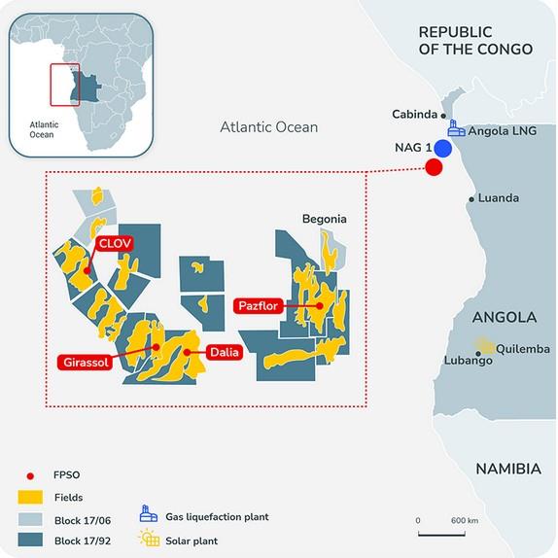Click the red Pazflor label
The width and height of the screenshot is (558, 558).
[258, 306]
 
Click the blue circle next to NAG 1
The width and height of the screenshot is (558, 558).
[443, 149]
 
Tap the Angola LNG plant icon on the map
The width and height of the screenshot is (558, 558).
[454, 128]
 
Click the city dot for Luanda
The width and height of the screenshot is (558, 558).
[471, 199]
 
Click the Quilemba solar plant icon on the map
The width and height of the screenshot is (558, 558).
[482, 346]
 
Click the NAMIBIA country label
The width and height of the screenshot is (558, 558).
[507, 469]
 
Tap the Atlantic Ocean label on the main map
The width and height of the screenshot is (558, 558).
[268, 126]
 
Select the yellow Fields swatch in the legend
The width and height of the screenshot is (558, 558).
[31, 496]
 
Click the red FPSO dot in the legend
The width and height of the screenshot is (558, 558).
[31, 476]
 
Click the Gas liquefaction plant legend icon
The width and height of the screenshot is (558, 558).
[150, 515]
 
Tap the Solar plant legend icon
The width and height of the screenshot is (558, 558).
[150, 539]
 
